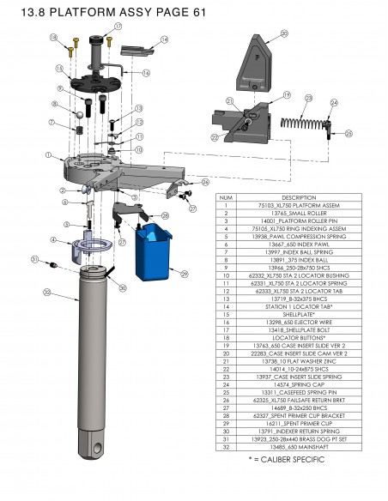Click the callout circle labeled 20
click(284, 34)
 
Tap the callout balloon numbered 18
click(53, 39)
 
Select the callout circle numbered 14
click(164, 39)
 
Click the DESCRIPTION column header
click(293, 196)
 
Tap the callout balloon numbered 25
click(349, 134)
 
